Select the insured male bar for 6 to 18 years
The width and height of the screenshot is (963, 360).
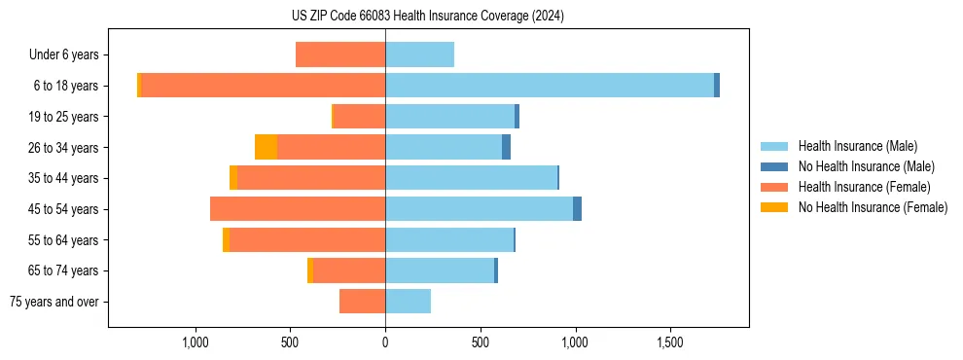coord(550,86)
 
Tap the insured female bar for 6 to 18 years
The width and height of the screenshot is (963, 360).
coord(263,86)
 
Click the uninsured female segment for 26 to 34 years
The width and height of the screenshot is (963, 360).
coord(266,147)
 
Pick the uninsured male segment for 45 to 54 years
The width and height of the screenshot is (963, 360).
coord(577,209)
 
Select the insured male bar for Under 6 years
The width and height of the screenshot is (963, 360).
coord(419,54)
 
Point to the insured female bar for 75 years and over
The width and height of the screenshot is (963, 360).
coord(362,302)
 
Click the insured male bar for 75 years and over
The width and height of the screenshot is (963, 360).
coord(408,302)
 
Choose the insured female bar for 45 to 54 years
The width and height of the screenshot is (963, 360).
coord(298,209)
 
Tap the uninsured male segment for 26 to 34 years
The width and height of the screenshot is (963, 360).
coord(506,147)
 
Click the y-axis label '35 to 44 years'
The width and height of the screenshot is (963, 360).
coord(64,178)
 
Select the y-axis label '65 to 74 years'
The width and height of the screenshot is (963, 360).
coord(64,270)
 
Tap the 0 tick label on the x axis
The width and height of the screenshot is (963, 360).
coord(385,342)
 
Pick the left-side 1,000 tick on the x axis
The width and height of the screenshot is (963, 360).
coord(196,342)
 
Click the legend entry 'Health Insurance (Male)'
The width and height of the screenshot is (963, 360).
coord(857,146)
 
